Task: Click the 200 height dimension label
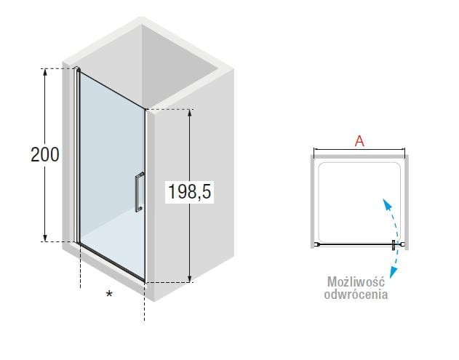[45, 154]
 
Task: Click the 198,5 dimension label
[189, 192]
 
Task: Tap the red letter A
[359, 141]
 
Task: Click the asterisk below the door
[109, 294]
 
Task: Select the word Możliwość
[356, 281]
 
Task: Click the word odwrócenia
[356, 294]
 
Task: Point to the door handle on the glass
[140, 192]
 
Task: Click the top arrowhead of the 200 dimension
[45, 72]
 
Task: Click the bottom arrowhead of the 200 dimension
[45, 238]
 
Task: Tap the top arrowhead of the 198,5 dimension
[190, 113]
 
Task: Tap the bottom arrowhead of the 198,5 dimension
[190, 279]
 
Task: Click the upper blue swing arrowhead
[387, 204]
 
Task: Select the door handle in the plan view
[394, 244]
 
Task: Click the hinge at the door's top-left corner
[77, 69]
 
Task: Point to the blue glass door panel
[112, 175]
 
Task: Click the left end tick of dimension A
[314, 153]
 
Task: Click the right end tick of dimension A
[405, 153]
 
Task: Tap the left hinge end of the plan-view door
[316, 244]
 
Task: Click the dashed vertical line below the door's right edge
[144, 302]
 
